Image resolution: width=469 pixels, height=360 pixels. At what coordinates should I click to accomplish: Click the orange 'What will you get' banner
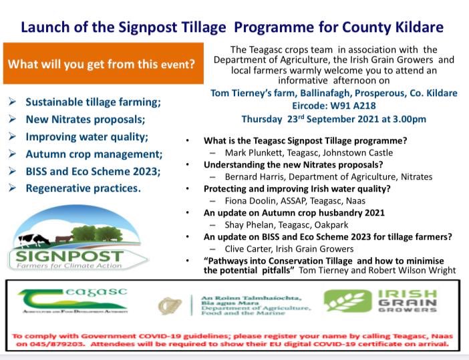pyautogui.click(x=102, y=64)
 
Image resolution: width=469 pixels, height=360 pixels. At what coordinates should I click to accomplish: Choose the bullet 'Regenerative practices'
pyautogui.click(x=83, y=188)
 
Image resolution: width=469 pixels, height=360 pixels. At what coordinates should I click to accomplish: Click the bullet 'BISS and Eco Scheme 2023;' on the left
pyautogui.click(x=93, y=171)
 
